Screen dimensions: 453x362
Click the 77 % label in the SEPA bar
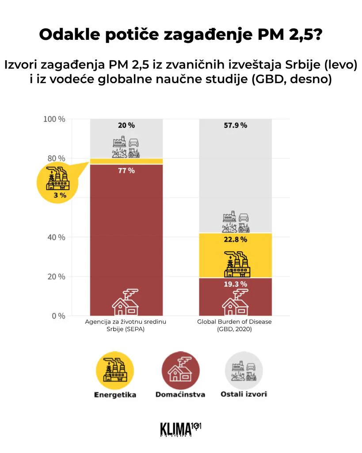tap(126, 170)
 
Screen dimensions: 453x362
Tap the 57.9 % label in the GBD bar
tap(235, 125)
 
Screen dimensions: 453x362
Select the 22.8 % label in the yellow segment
tap(235, 239)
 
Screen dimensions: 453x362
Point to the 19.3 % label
tap(235, 284)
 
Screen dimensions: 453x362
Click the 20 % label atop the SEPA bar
tap(126, 125)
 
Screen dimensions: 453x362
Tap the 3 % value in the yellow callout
tap(57, 195)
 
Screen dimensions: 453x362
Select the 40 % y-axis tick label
tap(56, 237)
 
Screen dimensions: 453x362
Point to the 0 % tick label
tap(57, 316)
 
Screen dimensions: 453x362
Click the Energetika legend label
tap(115, 395)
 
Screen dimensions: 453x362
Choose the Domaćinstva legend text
tap(180, 395)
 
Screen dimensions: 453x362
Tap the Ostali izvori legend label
tap(244, 394)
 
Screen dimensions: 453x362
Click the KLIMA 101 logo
tap(181, 429)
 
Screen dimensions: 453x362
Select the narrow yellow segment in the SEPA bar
tap(126, 161)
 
